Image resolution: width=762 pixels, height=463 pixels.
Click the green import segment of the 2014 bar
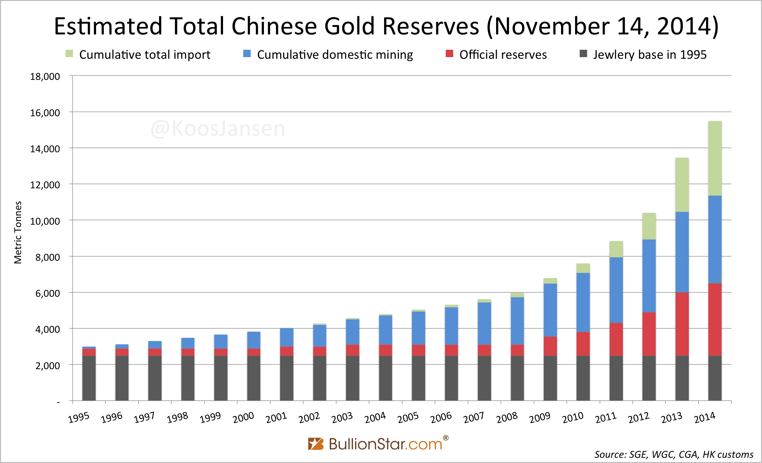tap(715, 158)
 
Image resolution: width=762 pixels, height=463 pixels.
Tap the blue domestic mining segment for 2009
tap(550, 310)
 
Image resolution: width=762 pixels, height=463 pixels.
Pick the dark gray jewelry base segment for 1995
tap(89, 378)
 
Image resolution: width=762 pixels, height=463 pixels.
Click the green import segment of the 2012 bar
tap(649, 226)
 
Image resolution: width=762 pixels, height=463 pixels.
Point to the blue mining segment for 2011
tap(616, 290)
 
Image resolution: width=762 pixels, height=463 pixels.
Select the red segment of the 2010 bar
tap(583, 344)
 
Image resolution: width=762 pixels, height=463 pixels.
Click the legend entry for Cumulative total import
tap(144, 55)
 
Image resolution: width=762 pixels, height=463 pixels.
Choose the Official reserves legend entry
tap(503, 55)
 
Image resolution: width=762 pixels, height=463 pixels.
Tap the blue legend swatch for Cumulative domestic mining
tap(247, 54)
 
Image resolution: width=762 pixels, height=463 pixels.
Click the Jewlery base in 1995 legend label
tap(649, 55)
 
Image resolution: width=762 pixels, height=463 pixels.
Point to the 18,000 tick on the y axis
tap(45, 77)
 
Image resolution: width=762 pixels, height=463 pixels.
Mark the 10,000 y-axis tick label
tap(45, 221)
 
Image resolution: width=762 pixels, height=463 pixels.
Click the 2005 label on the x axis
tap(408, 418)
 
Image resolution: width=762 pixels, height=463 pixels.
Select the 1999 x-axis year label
tap(210, 418)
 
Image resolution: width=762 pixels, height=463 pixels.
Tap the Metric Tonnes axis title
tap(18, 232)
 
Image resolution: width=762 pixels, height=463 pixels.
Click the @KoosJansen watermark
tap(218, 129)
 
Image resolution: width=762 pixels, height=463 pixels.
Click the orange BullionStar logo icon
tap(316, 444)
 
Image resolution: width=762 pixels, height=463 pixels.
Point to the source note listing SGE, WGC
tap(673, 454)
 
